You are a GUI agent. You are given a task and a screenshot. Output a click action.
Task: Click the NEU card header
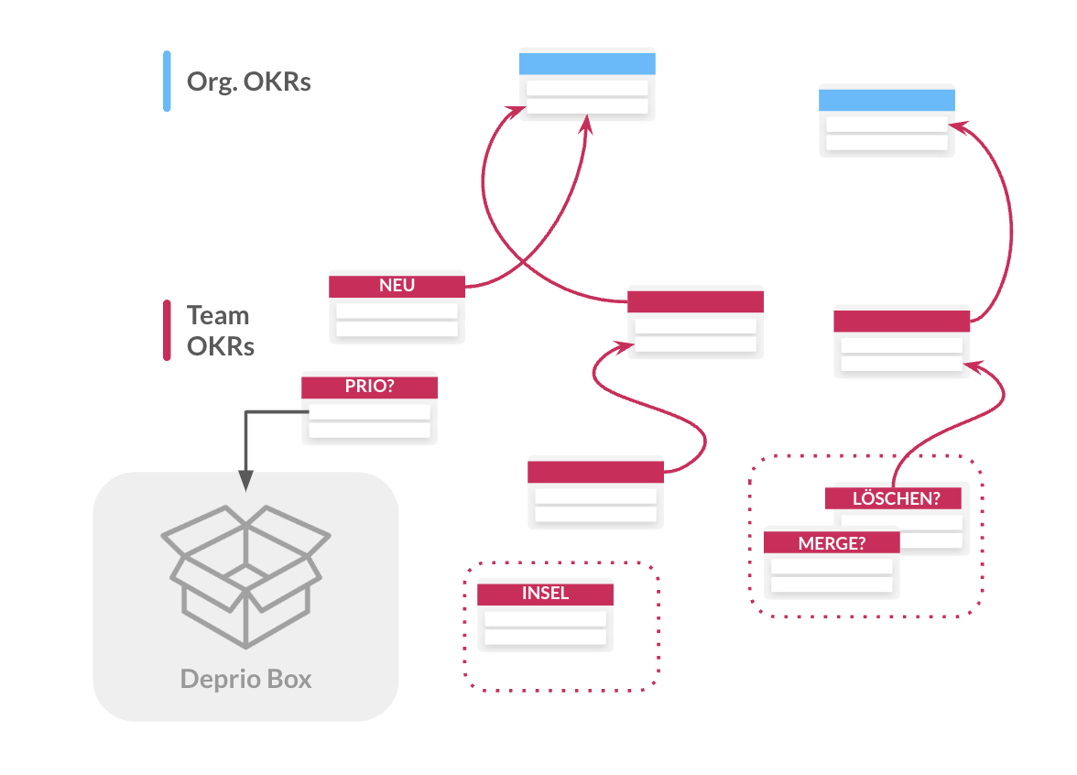[x=397, y=286]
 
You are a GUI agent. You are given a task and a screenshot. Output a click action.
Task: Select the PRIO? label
[x=369, y=387]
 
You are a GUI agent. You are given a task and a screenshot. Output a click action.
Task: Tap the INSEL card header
[x=545, y=594]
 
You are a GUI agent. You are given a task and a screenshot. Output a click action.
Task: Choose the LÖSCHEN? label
[x=893, y=499]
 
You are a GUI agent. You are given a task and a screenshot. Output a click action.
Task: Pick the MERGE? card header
[x=832, y=542]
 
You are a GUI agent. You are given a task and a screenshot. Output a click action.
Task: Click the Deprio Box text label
[x=245, y=680]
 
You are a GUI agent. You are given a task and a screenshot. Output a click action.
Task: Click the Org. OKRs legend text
[x=249, y=82]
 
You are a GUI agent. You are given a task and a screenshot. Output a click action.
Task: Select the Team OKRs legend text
[x=220, y=331]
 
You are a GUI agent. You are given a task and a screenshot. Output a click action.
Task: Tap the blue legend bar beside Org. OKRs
[x=167, y=82]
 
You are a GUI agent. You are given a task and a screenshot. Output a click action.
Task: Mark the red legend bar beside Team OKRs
[x=167, y=331]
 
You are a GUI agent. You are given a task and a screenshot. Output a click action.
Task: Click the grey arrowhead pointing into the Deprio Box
[x=245, y=481]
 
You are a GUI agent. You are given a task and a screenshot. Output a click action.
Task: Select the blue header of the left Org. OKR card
[x=587, y=64]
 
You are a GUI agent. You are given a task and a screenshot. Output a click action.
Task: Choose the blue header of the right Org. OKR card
[x=887, y=101]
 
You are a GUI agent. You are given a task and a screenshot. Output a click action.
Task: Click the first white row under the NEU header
[x=397, y=311]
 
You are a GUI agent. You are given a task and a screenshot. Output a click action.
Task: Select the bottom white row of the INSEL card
[x=545, y=637]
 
